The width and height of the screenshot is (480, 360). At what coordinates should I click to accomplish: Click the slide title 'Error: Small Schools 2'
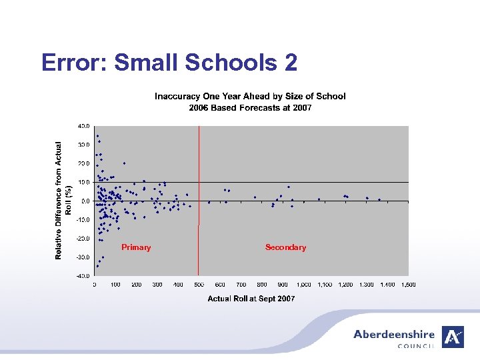(169, 63)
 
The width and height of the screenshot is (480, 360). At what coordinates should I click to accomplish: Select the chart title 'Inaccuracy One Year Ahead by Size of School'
(250, 97)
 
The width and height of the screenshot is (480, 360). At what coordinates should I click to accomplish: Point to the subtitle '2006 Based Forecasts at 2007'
(250, 107)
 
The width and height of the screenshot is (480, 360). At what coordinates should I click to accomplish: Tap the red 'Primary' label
(136, 247)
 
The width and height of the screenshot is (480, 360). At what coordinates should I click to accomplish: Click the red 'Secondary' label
(285, 247)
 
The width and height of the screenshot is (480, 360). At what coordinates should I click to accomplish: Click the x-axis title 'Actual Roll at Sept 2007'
(251, 299)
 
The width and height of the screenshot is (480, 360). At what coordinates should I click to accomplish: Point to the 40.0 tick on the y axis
(83, 126)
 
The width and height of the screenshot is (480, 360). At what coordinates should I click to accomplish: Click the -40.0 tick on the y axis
(83, 275)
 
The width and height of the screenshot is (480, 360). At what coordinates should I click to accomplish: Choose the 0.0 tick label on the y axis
(85, 201)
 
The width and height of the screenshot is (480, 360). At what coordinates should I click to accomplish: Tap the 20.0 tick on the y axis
(83, 163)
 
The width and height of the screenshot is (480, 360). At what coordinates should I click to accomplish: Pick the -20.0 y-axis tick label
(83, 238)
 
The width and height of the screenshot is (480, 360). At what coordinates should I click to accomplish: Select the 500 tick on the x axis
(199, 285)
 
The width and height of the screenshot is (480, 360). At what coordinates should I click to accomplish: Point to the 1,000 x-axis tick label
(303, 285)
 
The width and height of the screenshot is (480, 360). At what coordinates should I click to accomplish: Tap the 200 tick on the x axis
(136, 285)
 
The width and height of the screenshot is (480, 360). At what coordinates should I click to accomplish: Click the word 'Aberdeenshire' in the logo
(393, 335)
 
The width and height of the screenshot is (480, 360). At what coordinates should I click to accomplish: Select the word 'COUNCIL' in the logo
(415, 346)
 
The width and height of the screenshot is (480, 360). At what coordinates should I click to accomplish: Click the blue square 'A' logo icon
(453, 337)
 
